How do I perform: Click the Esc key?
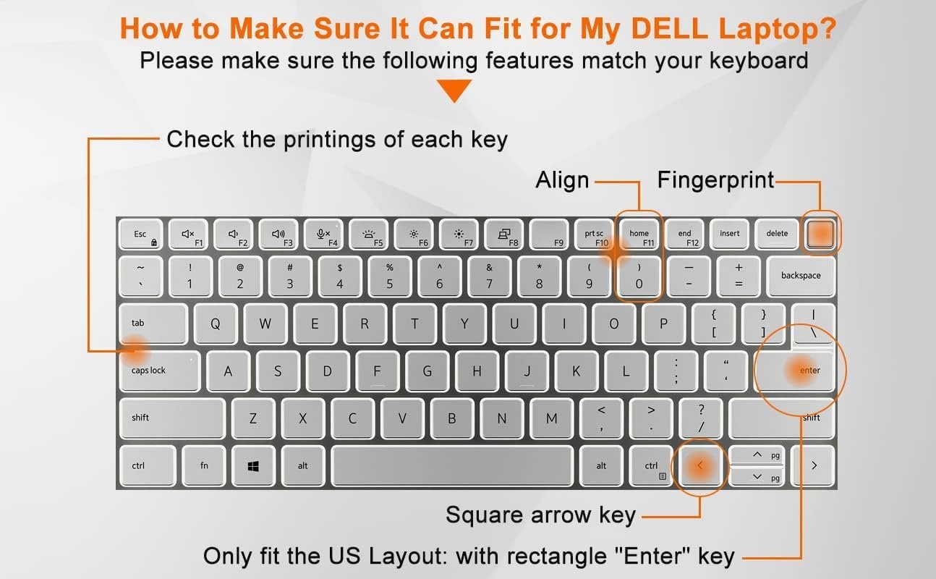click(141, 234)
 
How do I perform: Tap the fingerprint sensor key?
click(820, 234)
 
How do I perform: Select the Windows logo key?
click(253, 465)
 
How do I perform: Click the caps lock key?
click(160, 371)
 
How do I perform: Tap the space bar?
click(452, 465)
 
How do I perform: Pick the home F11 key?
click(639, 234)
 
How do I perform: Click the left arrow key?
click(700, 465)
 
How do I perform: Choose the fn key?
click(204, 465)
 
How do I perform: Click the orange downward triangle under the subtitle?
click(454, 90)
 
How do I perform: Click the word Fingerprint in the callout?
click(716, 181)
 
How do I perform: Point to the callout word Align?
click(563, 180)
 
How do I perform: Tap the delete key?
click(777, 234)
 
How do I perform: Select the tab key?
click(153, 324)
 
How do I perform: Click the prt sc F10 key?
click(594, 234)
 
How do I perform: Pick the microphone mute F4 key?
click(323, 234)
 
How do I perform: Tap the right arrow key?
click(813, 465)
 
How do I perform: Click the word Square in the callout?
click(485, 515)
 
